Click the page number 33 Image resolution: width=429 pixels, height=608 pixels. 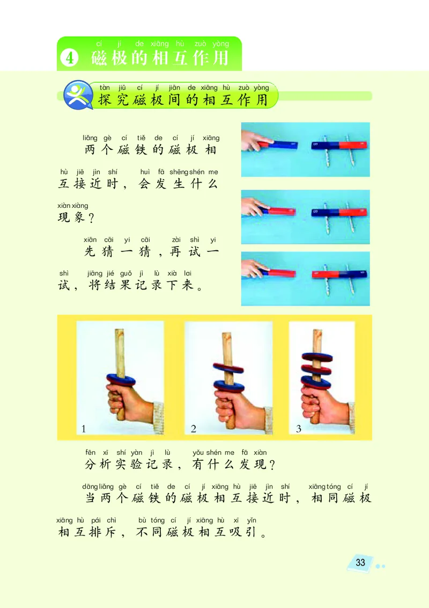click(x=360, y=562)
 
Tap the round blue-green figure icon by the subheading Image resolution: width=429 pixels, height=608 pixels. click(x=78, y=95)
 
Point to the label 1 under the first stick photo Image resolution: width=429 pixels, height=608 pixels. click(x=84, y=429)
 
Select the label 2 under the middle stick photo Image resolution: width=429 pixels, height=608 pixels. click(x=194, y=429)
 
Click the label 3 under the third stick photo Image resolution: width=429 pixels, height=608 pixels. click(x=299, y=429)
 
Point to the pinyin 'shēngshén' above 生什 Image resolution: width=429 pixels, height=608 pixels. click(x=181, y=172)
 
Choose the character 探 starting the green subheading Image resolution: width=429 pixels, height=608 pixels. click(x=106, y=100)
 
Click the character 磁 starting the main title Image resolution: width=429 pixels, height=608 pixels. click(x=99, y=58)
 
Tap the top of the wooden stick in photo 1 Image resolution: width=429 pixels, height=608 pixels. click(x=120, y=330)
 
